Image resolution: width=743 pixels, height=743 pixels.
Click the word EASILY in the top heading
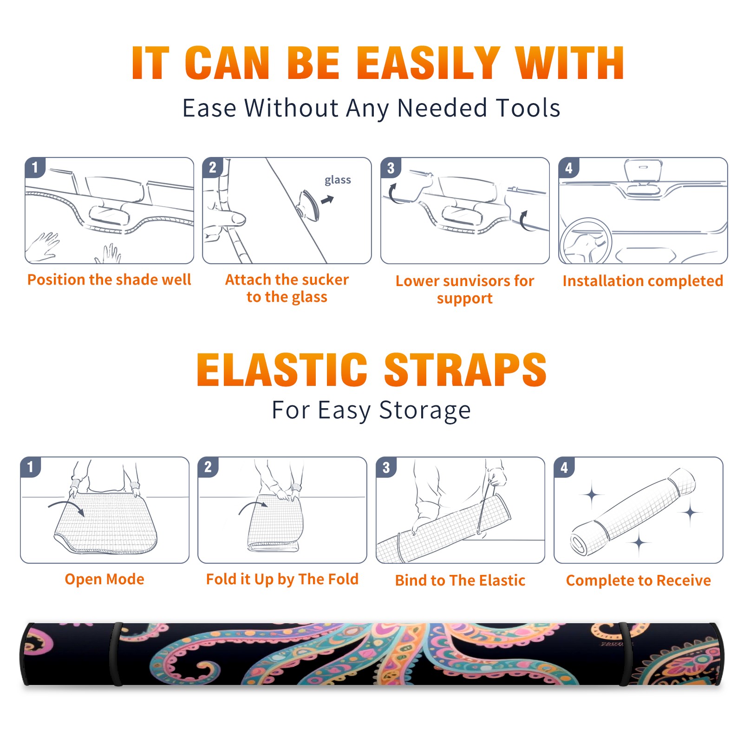[x=429, y=63]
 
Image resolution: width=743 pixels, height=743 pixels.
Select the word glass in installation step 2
[x=338, y=180]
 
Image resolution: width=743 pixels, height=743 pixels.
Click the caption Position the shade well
[x=109, y=280]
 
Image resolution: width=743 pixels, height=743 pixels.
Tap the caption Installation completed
[x=643, y=281]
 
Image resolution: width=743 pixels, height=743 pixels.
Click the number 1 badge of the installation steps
[x=35, y=167]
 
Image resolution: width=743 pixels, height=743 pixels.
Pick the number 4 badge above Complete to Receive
[x=564, y=467]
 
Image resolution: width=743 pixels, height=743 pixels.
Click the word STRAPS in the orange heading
[x=466, y=370]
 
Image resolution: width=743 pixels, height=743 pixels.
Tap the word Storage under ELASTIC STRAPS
[x=425, y=411]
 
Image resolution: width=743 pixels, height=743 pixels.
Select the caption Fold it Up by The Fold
[x=282, y=579]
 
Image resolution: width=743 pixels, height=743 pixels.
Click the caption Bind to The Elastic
[x=460, y=580]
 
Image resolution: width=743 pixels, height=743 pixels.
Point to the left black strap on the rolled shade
[x=115, y=654]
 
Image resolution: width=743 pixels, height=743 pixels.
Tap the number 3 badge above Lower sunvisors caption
[x=391, y=168]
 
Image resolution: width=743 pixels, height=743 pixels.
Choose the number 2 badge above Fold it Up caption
[x=208, y=467]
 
